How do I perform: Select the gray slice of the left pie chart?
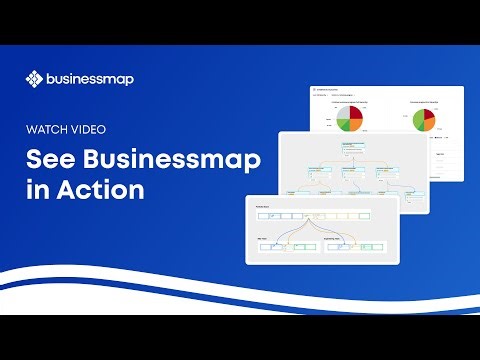click(x=337, y=113)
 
